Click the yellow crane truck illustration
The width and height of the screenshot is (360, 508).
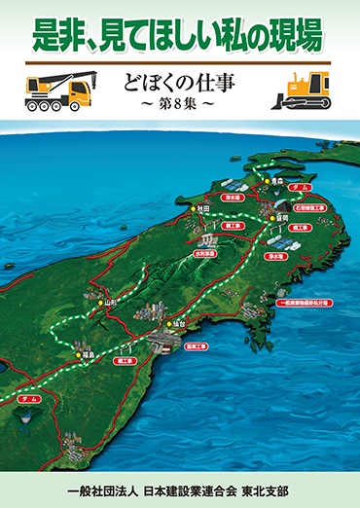tap(56, 91)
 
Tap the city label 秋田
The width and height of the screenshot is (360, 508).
tap(203, 208)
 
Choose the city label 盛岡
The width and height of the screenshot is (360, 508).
tap(283, 219)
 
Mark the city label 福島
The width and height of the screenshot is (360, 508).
tap(87, 353)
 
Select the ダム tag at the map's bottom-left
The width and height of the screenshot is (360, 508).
tap(28, 399)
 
